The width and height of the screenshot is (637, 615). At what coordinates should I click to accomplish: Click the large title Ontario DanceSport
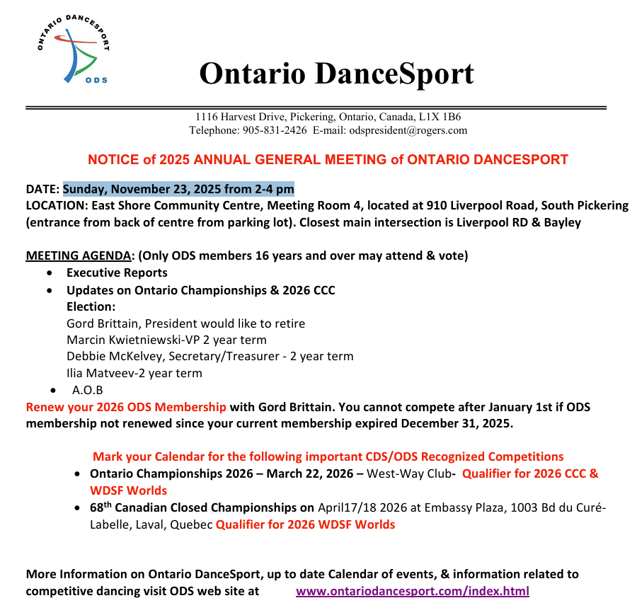[336, 73]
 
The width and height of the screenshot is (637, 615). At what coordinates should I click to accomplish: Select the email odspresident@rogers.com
[408, 130]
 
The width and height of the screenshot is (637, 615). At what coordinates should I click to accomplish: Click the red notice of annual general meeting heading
[328, 159]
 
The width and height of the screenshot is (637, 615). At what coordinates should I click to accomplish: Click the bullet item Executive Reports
[117, 272]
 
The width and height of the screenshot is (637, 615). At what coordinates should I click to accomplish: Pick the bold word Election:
[91, 306]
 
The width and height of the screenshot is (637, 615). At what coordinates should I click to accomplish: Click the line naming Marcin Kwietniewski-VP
[166, 340]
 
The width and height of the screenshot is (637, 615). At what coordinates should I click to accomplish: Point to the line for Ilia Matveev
[134, 373]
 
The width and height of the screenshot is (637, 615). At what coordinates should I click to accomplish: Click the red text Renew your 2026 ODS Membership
[126, 407]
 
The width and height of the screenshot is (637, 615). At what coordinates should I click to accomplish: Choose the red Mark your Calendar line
[328, 456]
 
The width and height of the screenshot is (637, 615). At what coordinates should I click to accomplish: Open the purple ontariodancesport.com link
[412, 591]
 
